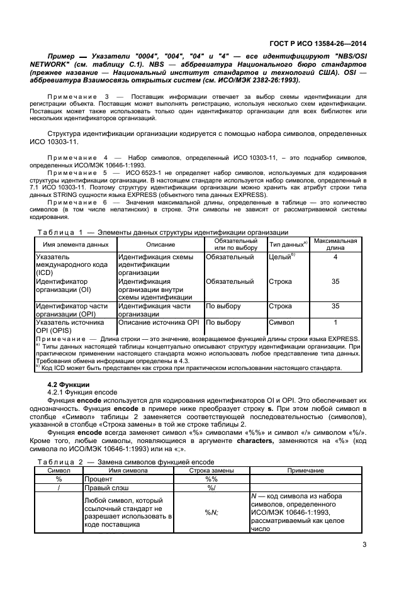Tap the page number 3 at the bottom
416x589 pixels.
point(364,545)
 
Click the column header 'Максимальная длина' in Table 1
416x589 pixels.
point(335,244)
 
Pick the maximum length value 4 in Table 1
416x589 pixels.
point(335,257)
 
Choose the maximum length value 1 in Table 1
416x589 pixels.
point(335,322)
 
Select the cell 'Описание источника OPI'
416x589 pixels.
point(159,322)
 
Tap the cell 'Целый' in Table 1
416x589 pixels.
point(281,257)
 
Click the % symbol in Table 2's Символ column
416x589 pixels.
point(59,479)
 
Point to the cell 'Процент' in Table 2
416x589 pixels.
point(98,479)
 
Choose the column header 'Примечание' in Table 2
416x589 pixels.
point(305,470)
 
